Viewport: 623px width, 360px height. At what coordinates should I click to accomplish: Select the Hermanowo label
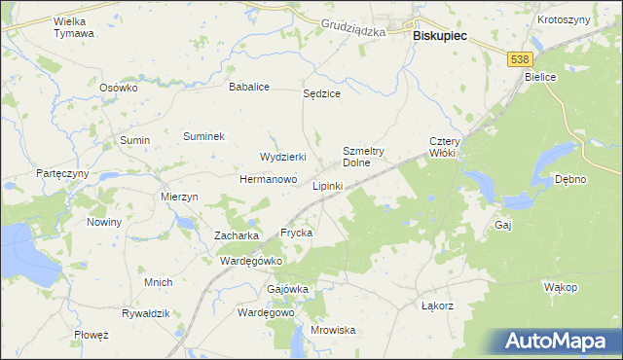(268, 180)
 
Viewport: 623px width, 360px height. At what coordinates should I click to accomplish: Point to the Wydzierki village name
(283, 157)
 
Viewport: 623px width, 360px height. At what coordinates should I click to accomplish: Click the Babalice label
(248, 87)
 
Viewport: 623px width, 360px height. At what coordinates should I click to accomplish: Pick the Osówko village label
(120, 87)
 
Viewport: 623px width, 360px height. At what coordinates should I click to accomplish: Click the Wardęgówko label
(251, 261)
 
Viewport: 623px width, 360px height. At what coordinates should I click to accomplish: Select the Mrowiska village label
(333, 330)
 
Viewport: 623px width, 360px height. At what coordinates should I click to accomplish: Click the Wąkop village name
(561, 287)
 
